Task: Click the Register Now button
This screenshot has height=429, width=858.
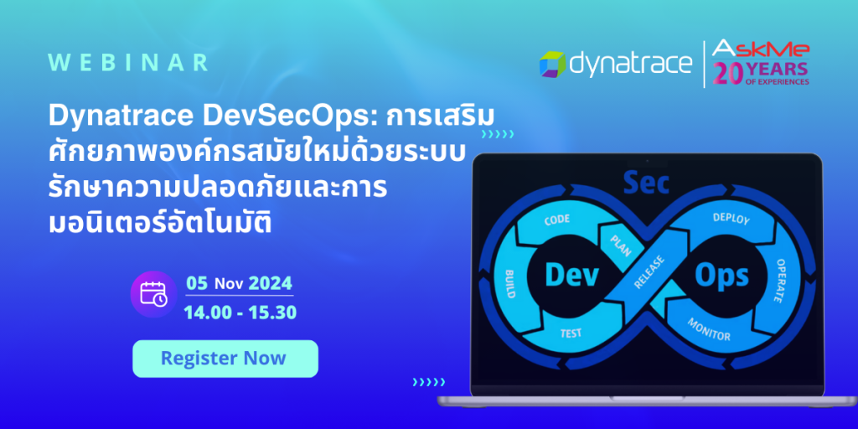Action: tap(225, 359)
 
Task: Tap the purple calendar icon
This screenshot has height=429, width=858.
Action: tap(153, 292)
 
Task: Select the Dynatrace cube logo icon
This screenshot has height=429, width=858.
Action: tap(553, 64)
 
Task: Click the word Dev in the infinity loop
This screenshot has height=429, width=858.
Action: tap(571, 275)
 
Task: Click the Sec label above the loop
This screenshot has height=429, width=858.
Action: tap(647, 183)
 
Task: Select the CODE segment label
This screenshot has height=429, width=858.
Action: tap(557, 220)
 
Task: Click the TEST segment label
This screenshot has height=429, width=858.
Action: tap(571, 333)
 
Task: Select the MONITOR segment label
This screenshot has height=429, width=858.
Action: tap(709, 329)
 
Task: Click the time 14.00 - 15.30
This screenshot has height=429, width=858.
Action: tap(240, 313)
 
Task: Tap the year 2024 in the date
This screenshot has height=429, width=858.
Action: tap(271, 282)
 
